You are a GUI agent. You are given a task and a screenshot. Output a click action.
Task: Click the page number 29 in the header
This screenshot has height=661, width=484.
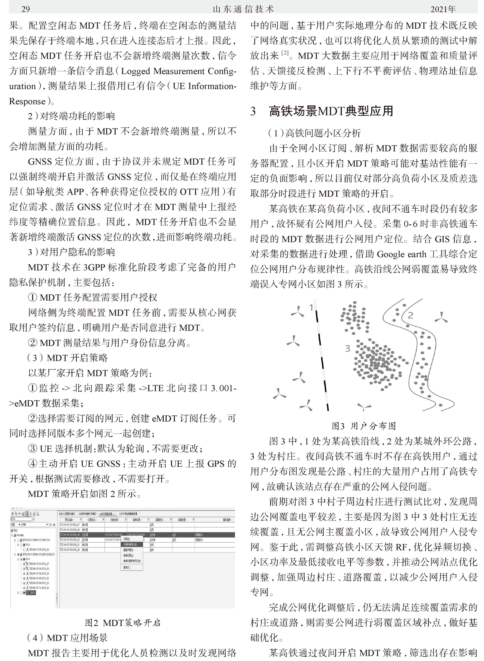click(26, 9)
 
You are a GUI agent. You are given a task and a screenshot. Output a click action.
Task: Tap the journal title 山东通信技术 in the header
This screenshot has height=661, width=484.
click(243, 9)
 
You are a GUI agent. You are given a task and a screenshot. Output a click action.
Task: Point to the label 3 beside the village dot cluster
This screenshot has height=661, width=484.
click(347, 348)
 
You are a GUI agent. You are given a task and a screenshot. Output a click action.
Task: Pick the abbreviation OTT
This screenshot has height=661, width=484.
click(189, 192)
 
